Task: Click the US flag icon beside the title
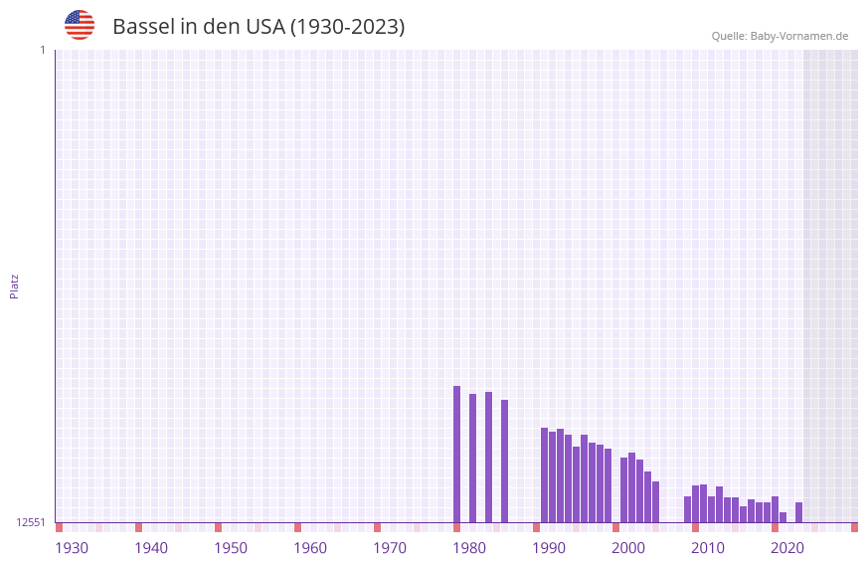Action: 80,25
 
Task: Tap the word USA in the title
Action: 265,27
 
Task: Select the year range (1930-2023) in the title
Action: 347,27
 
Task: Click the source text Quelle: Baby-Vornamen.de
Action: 780,36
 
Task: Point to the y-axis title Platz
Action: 14,285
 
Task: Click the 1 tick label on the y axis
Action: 42,50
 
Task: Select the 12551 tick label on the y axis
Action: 31,522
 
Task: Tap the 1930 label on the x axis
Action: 72,547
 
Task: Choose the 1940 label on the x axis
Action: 151,547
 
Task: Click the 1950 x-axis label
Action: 231,547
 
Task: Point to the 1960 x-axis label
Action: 310,547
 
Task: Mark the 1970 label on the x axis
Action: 390,547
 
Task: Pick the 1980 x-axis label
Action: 469,547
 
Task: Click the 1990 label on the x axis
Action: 549,547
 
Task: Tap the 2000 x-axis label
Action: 628,547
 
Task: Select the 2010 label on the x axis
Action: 708,547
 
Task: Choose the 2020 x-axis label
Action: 787,547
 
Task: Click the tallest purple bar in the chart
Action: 456,454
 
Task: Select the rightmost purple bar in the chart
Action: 798,512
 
